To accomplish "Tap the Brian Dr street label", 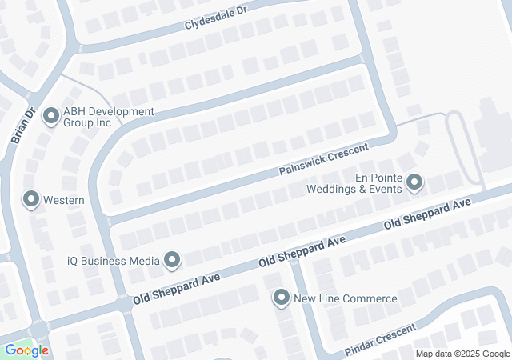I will tap(21, 126).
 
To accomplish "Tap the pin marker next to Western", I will tap(31, 198).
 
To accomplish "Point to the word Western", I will tap(65, 198).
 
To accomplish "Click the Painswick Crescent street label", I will tap(323, 160).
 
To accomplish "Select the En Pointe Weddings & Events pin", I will tap(414, 183).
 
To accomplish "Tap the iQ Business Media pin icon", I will tap(172, 258).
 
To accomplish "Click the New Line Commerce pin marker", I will tap(281, 298).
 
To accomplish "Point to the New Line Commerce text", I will tap(346, 299).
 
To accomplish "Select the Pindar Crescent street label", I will tap(380, 340).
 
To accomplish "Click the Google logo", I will tap(26, 350).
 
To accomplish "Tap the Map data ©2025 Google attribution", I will tap(462, 354).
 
